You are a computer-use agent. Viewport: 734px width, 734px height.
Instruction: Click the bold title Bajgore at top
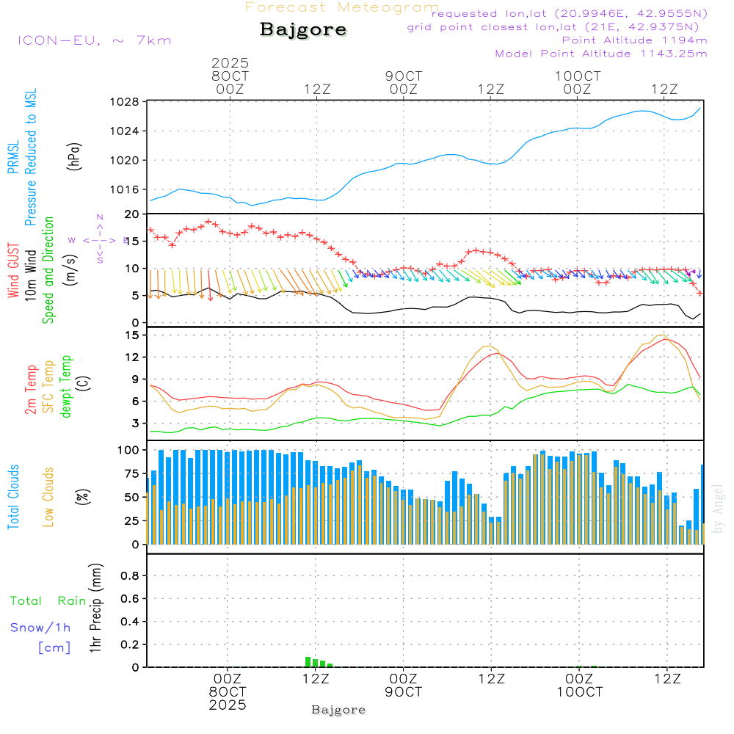[x=303, y=30]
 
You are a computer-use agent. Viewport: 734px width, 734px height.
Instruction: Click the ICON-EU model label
[x=94, y=40]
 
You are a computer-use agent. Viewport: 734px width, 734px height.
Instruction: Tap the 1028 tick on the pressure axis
[x=126, y=102]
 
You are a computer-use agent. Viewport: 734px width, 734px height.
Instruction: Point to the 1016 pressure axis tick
[x=126, y=189]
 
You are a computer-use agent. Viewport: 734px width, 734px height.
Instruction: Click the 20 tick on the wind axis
[x=132, y=214]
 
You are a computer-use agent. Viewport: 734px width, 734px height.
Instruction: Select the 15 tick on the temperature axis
[x=132, y=335]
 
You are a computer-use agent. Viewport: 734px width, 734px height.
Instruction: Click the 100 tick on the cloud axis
[x=129, y=450]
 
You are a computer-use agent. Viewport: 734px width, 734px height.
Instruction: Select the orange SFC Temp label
[x=49, y=387]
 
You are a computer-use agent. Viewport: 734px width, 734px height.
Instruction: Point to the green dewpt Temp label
[x=67, y=387]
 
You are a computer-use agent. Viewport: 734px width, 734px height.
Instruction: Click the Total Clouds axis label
[x=14, y=497]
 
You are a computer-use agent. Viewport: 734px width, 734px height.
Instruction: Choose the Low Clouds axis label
[x=49, y=495]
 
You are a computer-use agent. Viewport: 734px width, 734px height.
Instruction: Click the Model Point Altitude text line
[x=601, y=54]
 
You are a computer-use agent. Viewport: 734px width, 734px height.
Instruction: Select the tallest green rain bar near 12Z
[x=308, y=661]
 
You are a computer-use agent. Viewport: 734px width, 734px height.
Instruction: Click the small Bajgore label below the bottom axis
[x=338, y=710]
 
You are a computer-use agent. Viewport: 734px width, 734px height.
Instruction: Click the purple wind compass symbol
[x=99, y=239]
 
